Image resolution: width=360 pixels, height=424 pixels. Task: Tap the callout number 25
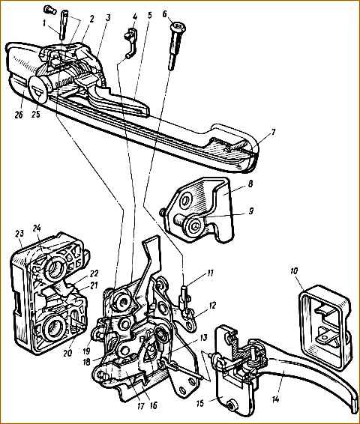coord(35,114)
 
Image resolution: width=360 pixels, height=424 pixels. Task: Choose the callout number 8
coord(250,184)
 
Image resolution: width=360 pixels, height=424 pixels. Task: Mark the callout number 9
coord(251,211)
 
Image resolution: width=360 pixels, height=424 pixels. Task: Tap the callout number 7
coord(274,133)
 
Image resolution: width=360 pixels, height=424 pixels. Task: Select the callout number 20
coord(67,353)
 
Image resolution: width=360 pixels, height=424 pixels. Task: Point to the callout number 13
coord(203,338)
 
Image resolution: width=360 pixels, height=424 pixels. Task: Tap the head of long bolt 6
coord(178,27)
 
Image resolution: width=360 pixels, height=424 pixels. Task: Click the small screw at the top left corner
coord(49,10)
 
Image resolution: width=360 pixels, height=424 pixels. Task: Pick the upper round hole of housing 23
coord(55,268)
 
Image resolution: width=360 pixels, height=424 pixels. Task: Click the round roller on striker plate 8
coord(194,224)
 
